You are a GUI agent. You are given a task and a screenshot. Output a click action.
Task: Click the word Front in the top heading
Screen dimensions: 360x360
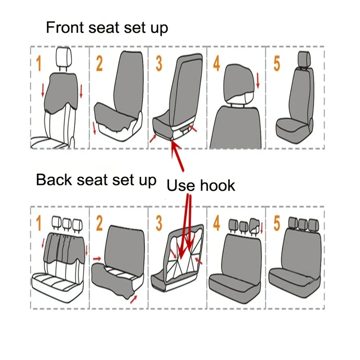click(65, 27)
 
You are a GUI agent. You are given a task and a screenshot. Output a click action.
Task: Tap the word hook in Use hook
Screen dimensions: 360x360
click(217, 185)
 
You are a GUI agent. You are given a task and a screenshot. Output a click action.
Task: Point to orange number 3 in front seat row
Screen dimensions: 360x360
click(159, 63)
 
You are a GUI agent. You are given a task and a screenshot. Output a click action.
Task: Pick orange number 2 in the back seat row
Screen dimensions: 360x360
click(99, 223)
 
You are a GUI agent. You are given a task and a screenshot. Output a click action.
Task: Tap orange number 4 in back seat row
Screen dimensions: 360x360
click(216, 223)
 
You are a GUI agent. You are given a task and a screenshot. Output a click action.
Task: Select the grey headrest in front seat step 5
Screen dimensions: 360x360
click(304, 59)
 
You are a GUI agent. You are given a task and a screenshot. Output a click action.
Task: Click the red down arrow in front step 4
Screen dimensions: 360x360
click(257, 81)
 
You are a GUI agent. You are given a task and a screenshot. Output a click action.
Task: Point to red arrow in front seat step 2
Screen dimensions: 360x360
click(94, 128)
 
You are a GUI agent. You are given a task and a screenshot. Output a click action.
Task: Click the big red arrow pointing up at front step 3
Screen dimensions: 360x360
click(178, 156)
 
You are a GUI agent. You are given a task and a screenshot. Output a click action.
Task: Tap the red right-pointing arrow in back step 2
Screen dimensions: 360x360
click(97, 259)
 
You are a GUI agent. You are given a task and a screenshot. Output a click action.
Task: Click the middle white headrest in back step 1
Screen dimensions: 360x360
click(67, 224)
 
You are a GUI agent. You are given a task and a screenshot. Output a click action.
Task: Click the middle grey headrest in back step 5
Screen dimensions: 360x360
click(303, 223)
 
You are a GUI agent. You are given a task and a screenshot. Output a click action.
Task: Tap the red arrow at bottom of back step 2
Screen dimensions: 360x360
click(134, 299)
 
